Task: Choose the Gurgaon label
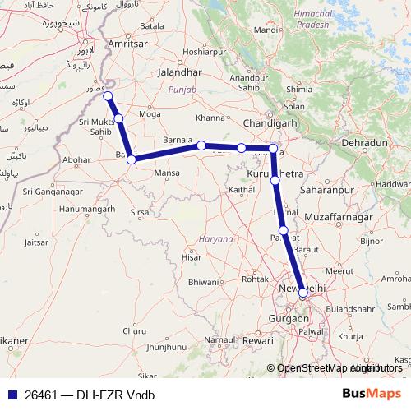(289, 317)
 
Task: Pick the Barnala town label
(178, 139)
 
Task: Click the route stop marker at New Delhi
(303, 292)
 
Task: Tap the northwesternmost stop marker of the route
(108, 96)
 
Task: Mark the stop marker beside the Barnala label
(201, 145)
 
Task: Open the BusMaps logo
(372, 394)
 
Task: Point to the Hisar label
(191, 257)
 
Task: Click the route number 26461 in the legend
(38, 394)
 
